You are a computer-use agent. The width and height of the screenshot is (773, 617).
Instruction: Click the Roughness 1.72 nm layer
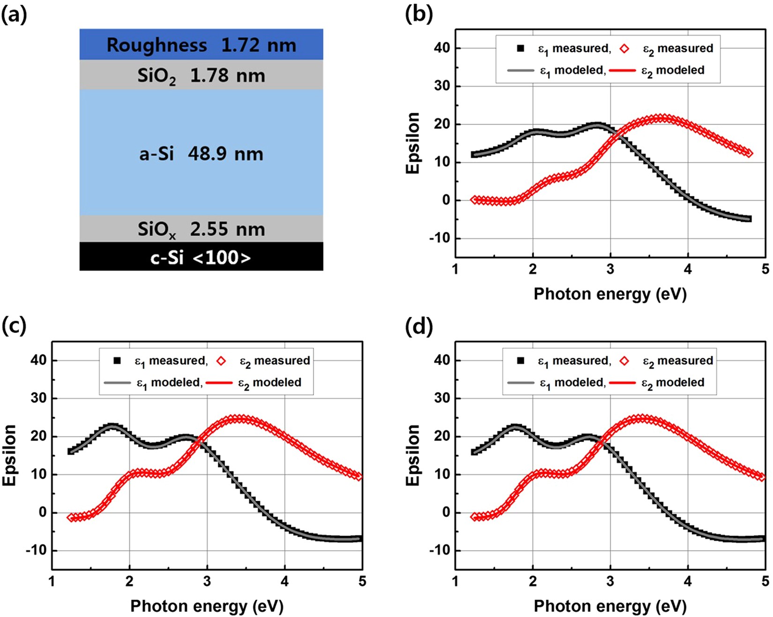click(x=201, y=45)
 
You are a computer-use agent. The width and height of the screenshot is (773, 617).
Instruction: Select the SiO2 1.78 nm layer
click(x=201, y=75)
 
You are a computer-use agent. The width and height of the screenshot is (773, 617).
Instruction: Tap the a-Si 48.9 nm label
click(x=201, y=154)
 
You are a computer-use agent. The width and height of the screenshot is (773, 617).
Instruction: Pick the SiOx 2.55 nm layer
click(x=201, y=229)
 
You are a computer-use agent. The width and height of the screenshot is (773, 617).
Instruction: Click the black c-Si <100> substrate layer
click(x=201, y=257)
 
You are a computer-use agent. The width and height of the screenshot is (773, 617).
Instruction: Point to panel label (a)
click(x=14, y=15)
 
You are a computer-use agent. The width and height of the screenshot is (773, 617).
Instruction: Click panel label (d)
click(x=418, y=326)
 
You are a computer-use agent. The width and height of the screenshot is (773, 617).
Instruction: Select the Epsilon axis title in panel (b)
click(x=413, y=143)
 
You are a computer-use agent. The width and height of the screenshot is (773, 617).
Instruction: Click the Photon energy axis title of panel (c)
click(x=207, y=606)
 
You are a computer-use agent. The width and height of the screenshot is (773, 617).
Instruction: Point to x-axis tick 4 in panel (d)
click(x=688, y=581)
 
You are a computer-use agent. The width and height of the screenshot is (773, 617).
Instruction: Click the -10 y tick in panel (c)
click(x=36, y=550)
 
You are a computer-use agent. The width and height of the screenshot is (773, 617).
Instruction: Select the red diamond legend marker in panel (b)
click(x=624, y=49)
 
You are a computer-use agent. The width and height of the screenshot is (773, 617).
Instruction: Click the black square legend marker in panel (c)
click(x=117, y=360)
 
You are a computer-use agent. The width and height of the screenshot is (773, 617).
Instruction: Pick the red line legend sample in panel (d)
click(x=622, y=382)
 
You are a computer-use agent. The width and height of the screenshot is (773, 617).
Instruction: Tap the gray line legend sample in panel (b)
click(x=520, y=71)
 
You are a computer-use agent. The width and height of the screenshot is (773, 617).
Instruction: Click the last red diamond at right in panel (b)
click(x=749, y=153)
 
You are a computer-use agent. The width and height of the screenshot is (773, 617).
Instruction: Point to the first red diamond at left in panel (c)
click(x=71, y=518)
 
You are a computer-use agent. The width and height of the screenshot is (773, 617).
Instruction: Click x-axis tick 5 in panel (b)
click(x=765, y=269)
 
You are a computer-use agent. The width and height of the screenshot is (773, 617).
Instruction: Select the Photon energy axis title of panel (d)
click(x=610, y=606)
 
